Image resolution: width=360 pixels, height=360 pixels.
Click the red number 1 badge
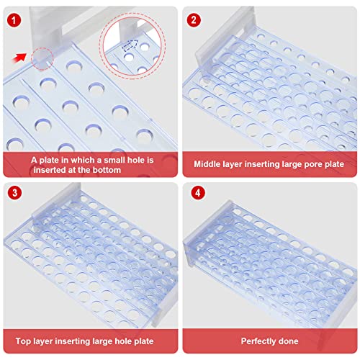14,20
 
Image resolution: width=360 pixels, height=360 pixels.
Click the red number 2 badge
194,20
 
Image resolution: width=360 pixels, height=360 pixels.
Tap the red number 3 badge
14,193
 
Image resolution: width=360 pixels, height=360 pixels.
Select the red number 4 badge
198,193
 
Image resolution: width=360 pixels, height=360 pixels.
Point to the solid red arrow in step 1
19,58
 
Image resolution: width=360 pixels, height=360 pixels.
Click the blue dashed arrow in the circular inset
130,45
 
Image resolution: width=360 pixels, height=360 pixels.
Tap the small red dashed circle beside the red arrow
42,59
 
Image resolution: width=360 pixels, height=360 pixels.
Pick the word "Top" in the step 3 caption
23,341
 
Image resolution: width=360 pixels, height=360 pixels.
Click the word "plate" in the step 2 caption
334,164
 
